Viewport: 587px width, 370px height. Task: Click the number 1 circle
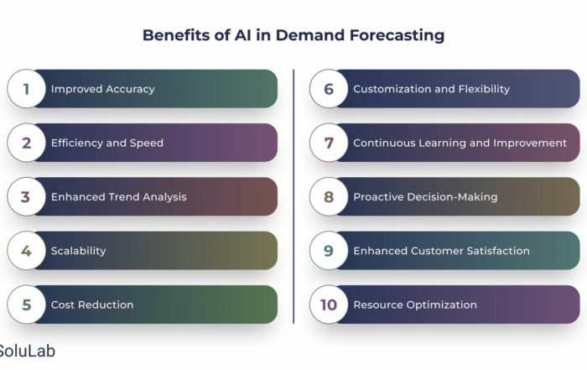pos(26,89)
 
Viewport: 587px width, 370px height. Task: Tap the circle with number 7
pos(329,143)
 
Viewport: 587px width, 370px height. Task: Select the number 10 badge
pos(329,305)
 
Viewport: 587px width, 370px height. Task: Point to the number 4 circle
pos(26,251)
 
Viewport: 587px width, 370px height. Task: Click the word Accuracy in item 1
pos(130,89)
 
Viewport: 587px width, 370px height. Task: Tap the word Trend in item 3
pos(122,196)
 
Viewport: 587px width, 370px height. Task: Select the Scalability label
pos(78,251)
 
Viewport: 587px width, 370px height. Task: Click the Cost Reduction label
pos(92,305)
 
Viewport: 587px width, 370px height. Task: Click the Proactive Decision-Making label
pos(425,197)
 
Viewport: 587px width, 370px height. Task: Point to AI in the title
pos(243,35)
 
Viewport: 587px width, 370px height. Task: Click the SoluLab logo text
pos(27,351)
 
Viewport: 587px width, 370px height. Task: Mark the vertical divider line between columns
pos(293,196)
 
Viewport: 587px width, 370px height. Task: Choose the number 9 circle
pos(329,251)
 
